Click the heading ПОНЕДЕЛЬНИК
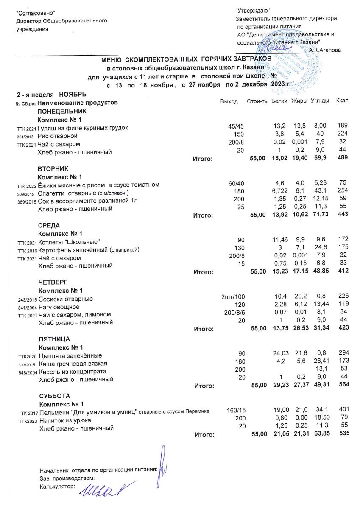61,111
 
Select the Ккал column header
342,102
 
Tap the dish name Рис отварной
57,136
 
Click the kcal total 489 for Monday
342,158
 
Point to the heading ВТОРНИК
53,168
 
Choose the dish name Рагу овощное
59,307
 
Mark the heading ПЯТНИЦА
54,339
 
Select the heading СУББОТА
53,395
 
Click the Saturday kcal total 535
342,434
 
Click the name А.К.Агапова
325,50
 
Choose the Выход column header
229,102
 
